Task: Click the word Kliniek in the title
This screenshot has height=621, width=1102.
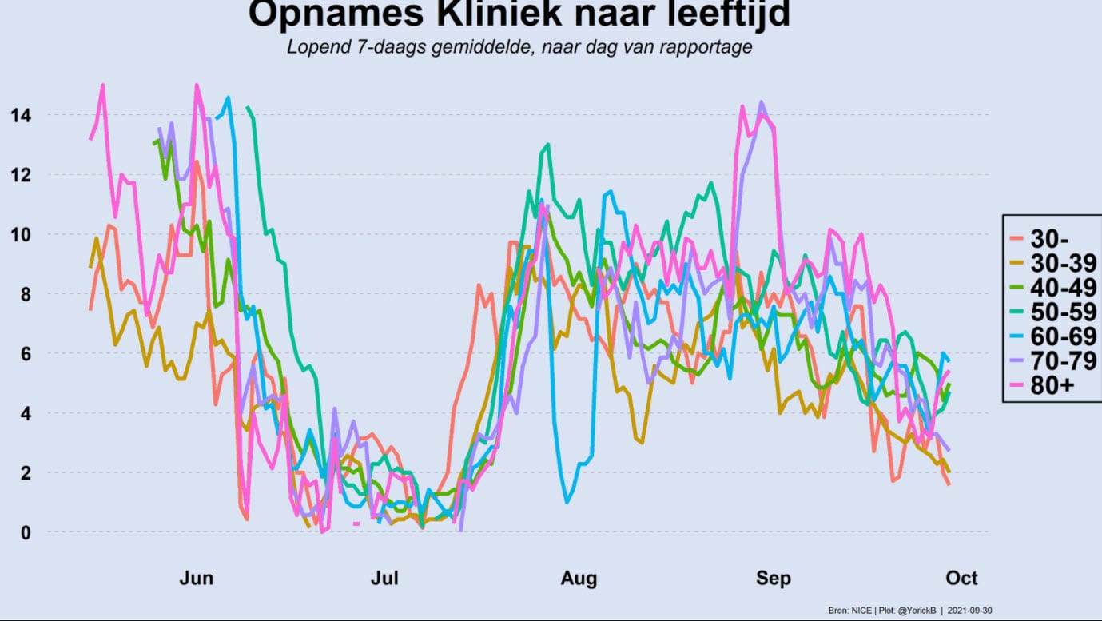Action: [499, 14]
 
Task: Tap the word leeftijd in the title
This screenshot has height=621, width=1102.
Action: [729, 14]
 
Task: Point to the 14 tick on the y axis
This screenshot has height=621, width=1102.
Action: [21, 116]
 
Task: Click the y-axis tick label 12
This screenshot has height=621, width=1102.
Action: [21, 175]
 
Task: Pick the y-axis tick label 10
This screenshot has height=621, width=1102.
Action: [21, 235]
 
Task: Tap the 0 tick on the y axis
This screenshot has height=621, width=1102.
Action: [26, 532]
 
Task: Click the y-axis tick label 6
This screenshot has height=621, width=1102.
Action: [26, 354]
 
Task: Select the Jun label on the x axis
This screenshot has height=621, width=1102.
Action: [197, 578]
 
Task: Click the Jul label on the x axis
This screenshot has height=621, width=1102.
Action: [384, 578]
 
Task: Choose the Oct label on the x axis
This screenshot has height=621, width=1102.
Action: [962, 578]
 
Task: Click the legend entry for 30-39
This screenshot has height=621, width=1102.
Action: [1052, 264]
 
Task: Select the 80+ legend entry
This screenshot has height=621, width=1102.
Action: [1041, 386]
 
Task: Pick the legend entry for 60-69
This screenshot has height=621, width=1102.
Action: [1052, 337]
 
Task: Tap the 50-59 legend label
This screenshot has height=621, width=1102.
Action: [1052, 312]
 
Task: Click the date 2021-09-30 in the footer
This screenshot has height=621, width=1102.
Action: [969, 611]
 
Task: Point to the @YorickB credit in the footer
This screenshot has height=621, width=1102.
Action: [917, 611]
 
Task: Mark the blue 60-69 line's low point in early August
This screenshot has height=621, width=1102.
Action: [567, 503]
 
